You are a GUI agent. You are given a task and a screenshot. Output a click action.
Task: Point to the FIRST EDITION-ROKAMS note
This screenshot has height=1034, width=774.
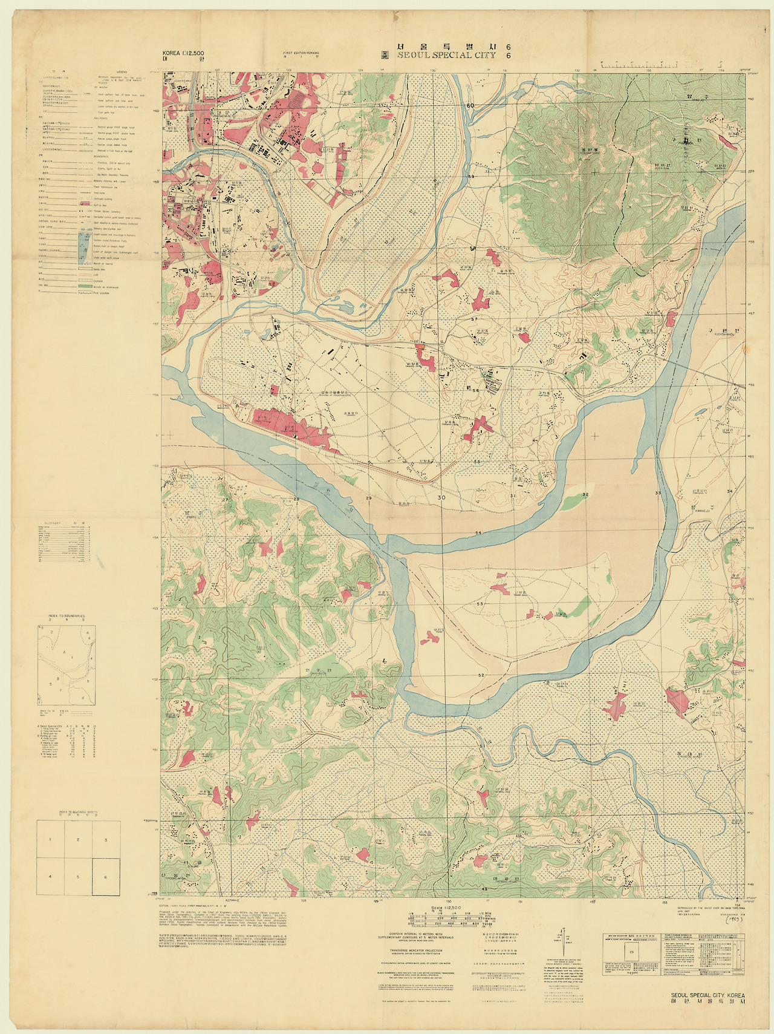point(301,54)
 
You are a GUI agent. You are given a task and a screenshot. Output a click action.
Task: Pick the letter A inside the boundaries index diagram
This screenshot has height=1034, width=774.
point(63,653)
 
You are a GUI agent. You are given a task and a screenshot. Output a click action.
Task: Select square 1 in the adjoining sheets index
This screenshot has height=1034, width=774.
point(51,840)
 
